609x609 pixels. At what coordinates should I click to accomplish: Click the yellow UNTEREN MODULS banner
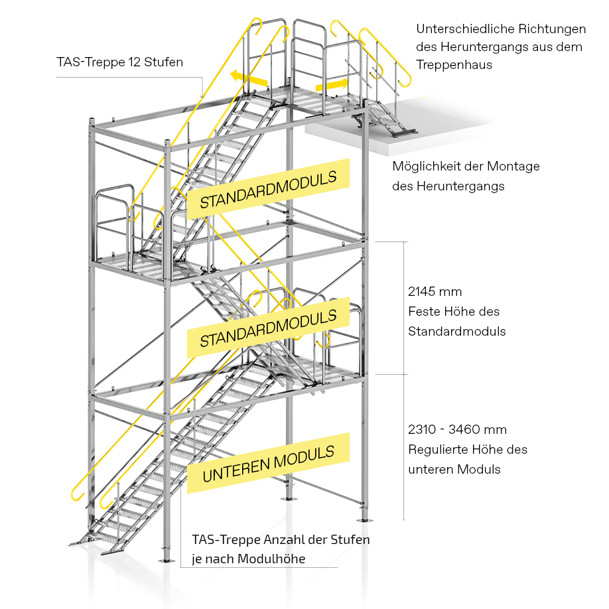[268, 463]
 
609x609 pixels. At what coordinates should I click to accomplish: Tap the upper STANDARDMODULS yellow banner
[267, 189]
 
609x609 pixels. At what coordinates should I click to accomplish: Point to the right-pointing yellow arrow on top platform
[332, 86]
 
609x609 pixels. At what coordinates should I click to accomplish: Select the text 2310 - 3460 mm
[458, 429]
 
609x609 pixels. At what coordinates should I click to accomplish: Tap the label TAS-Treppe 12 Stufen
[119, 63]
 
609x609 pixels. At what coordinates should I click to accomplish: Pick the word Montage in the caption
[510, 166]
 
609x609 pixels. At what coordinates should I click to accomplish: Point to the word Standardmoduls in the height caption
[457, 331]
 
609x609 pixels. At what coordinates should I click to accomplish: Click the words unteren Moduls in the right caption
[454, 469]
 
